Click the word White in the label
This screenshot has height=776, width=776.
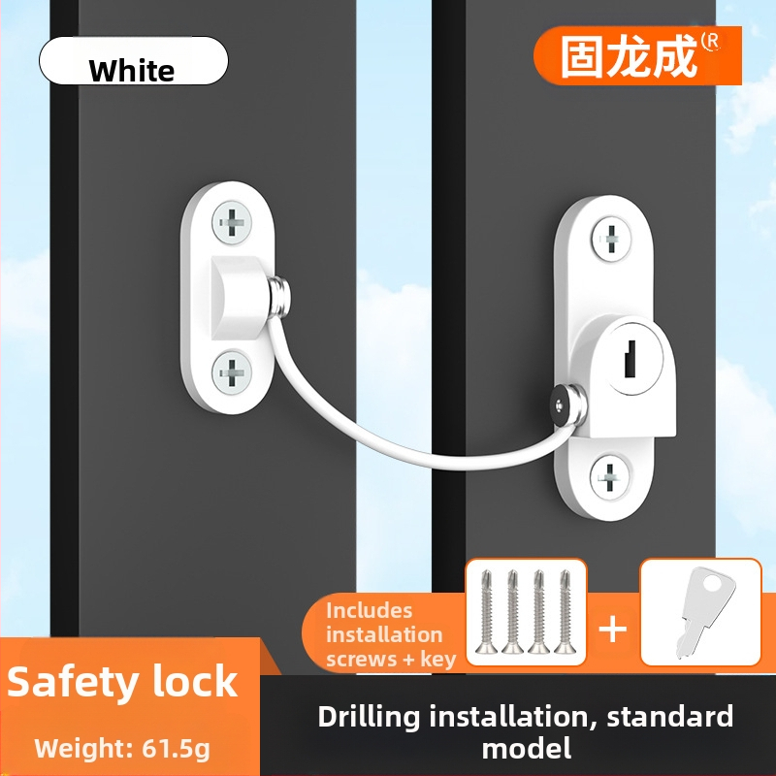pos(132,70)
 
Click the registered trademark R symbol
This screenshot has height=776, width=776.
pos(711,42)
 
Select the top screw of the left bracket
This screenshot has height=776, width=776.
pos(232,223)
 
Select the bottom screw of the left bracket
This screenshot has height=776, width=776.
pos(232,372)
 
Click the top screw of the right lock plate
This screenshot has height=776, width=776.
pos(611,239)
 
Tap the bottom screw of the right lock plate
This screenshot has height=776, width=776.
pos(609,477)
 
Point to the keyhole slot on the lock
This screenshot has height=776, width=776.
pos(630,359)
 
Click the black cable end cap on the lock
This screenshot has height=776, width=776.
pos(560,404)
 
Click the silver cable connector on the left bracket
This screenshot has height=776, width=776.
pos(279,297)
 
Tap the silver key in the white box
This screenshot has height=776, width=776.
pos(699,611)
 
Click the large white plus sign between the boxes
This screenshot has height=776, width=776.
pos(613,630)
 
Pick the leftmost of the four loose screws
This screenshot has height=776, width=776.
pos(487,612)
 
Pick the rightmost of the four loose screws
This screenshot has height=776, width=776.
pos(565,612)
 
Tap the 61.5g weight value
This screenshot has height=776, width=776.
pos(176,749)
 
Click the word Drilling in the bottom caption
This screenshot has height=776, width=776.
pos(369,718)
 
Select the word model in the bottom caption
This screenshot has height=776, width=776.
pos(527,748)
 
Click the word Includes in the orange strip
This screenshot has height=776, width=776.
pos(370,611)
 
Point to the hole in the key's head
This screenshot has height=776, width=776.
pos(713,583)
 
